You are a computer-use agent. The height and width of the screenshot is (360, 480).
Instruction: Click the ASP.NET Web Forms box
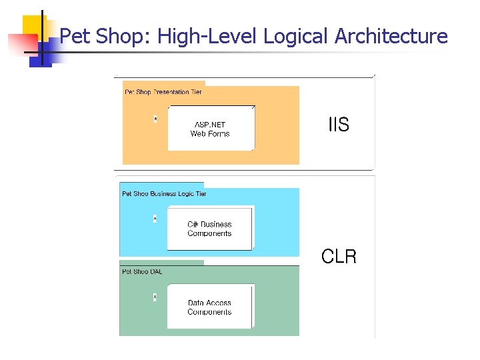pos(210,128)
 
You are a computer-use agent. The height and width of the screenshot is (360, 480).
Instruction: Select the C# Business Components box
pos(209,229)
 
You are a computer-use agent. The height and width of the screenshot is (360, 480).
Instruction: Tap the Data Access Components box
pos(209,307)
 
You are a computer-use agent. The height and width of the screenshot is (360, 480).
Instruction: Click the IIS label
pos(339,125)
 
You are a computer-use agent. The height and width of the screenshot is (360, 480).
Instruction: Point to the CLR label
pos(339,257)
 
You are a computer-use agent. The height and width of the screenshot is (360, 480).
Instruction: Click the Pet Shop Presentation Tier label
pos(163,91)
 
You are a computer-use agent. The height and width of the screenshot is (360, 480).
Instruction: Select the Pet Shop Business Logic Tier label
pos(164,194)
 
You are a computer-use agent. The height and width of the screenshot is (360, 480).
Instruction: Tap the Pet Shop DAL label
pos(142,271)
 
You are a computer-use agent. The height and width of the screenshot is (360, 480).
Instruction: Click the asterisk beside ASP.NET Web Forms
pos(155,119)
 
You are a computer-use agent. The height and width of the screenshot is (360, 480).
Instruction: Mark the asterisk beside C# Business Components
pos(155,219)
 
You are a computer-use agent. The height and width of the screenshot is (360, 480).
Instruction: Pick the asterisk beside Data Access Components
pos(155,297)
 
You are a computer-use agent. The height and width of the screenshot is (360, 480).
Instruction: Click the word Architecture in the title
pos(391,36)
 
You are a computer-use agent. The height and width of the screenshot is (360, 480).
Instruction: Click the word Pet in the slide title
pos(75,36)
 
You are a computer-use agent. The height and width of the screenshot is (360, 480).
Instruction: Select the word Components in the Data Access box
pos(209,312)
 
